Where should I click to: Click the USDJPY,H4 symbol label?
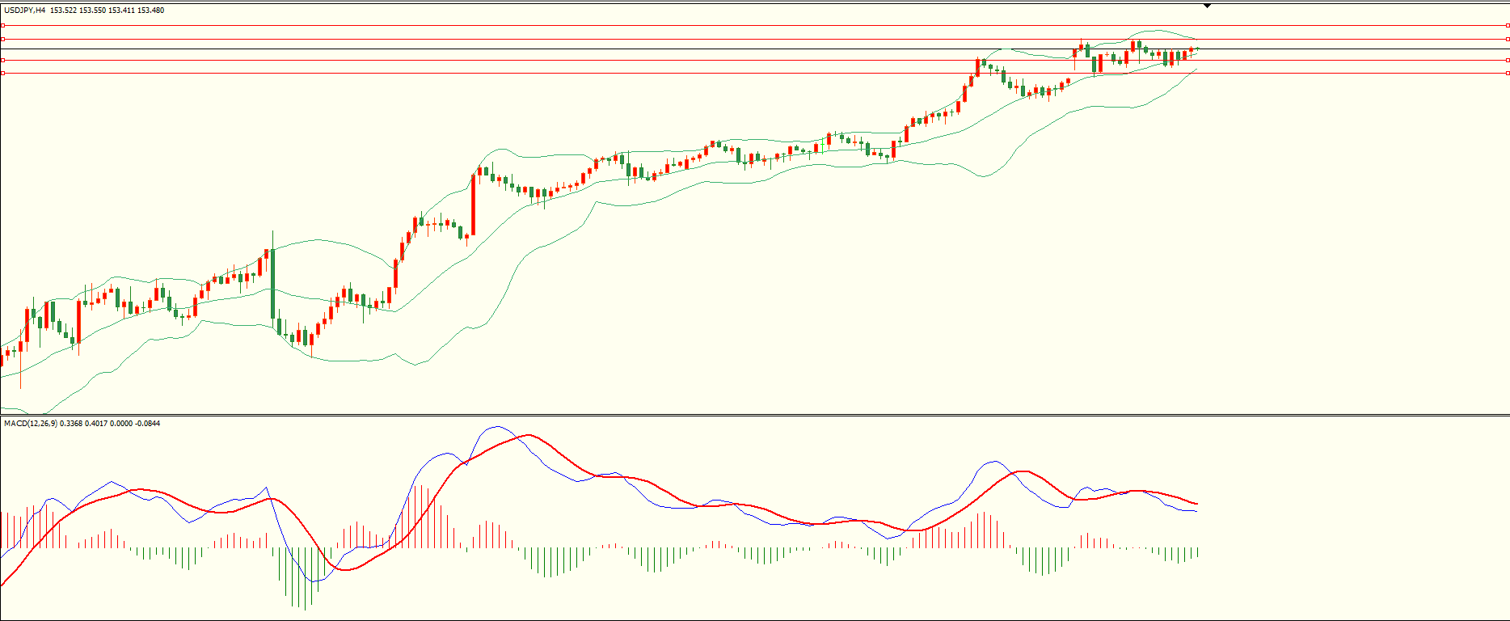click(25, 11)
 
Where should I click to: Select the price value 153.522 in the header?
click(63, 11)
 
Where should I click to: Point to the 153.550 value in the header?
click(92, 11)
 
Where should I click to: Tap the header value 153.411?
click(121, 11)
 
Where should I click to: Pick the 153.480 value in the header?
click(151, 11)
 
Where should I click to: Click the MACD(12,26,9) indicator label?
click(30, 423)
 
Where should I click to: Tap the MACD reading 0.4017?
click(95, 423)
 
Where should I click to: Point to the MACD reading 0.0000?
click(120, 423)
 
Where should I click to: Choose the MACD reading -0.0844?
click(147, 423)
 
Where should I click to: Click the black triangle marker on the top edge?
click(1207, 6)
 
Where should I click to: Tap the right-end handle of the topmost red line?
click(1507, 25)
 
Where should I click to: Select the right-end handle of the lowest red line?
click(1507, 73)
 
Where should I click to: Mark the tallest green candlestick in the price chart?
click(272, 282)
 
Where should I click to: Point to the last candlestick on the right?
click(1196, 49)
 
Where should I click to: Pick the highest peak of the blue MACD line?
click(495, 427)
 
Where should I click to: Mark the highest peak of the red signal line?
click(528, 435)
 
